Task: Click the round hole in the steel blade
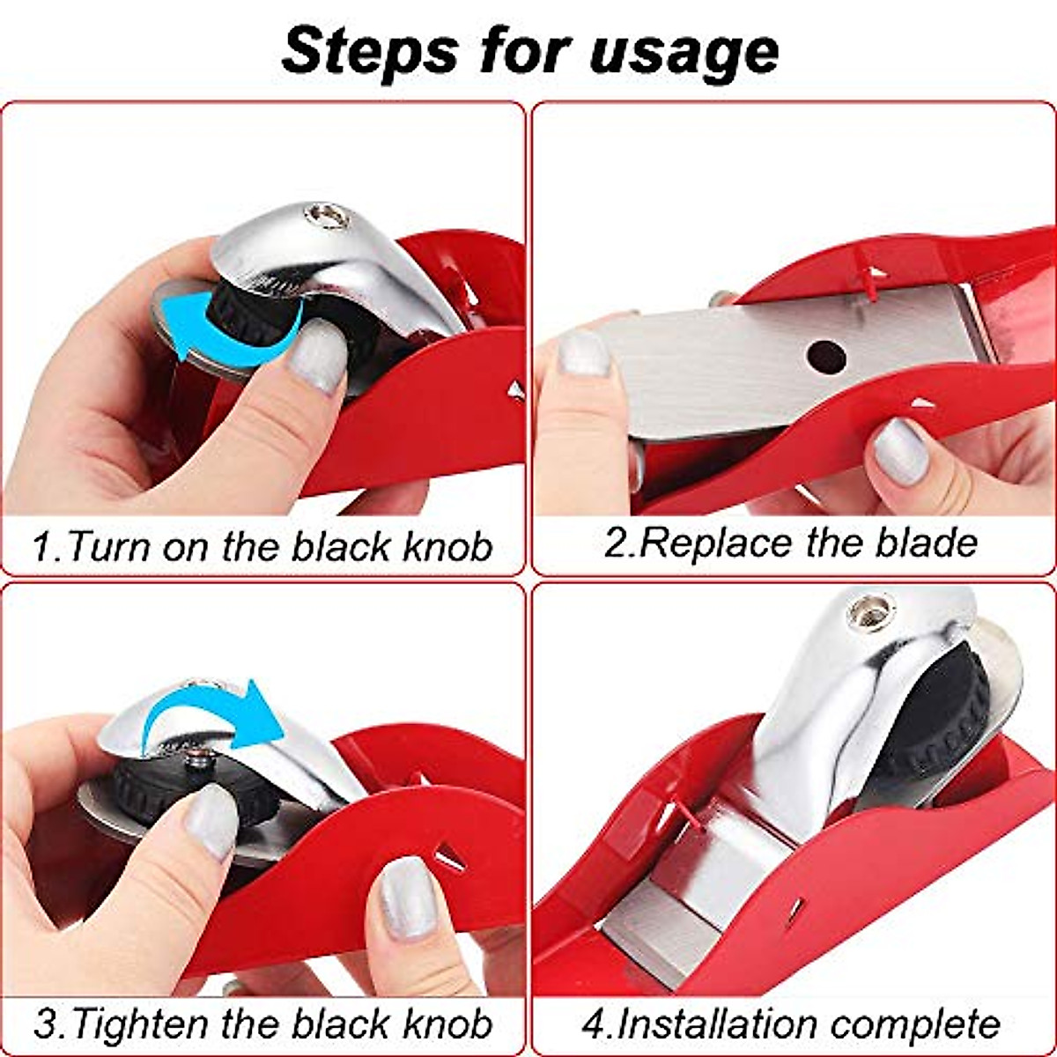[x=826, y=356]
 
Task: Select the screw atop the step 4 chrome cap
[x=872, y=610]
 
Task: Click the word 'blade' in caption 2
[x=926, y=543]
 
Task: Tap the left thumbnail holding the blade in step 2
[x=583, y=353]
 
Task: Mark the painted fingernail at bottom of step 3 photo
[x=408, y=898]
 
